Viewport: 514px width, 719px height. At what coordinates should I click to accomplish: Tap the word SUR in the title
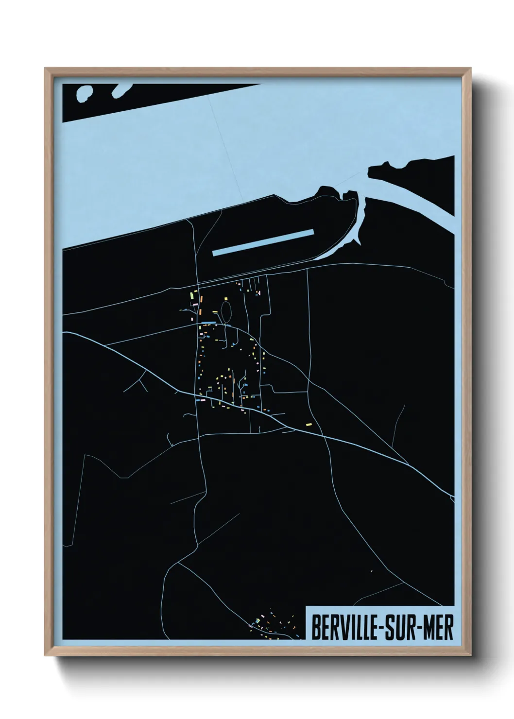[400, 628]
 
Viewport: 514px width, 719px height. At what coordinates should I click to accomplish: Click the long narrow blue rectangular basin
[263, 241]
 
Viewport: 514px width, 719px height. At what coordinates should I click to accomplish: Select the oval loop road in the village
[226, 310]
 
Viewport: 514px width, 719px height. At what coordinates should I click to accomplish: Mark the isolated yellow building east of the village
[308, 424]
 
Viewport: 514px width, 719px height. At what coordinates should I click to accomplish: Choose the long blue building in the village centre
[209, 323]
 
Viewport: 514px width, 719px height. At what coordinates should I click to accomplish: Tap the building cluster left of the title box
[272, 624]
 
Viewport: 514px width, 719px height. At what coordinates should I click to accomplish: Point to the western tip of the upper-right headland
[370, 171]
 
